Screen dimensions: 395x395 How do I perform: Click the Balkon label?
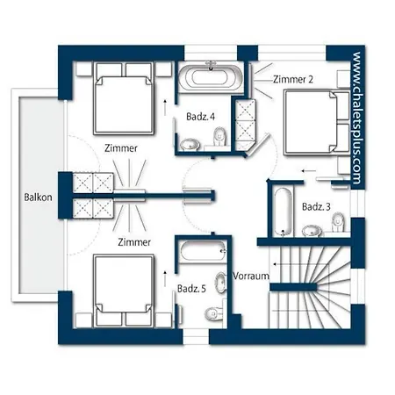[38, 197]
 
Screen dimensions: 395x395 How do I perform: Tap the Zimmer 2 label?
[293, 79]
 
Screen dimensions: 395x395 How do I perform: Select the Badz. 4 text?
[200, 117]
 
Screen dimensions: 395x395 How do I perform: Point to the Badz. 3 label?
[316, 207]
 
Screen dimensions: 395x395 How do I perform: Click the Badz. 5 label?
[191, 289]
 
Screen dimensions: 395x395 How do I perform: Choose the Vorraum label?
[251, 276]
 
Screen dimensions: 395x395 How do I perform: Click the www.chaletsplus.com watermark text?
[356, 118]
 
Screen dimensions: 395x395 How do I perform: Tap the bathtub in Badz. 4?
[211, 77]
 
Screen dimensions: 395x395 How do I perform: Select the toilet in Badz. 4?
[219, 137]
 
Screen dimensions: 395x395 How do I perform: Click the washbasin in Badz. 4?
[190, 144]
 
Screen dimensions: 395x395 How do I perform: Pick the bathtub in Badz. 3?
[283, 212]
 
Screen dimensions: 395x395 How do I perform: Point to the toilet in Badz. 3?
[338, 222]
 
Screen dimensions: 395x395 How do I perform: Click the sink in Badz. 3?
[312, 231]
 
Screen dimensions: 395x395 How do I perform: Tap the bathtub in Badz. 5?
[204, 251]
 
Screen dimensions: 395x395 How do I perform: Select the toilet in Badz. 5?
[213, 314]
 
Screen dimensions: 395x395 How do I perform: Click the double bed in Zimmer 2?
[317, 122]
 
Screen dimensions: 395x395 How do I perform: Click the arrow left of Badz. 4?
[165, 107]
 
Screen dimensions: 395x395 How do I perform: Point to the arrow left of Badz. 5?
[165, 279]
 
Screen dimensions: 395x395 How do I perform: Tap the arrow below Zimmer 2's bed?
[309, 170]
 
